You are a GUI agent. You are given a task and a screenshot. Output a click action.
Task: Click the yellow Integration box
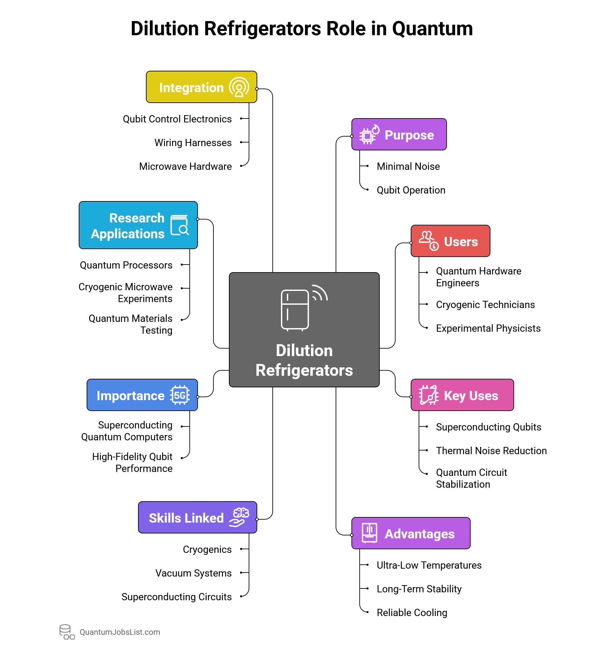pos(201,87)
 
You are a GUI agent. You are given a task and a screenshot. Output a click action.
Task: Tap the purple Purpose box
pos(399,135)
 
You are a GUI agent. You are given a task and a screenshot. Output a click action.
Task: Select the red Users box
pos(450,241)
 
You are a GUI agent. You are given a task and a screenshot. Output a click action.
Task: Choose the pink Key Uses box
pos(462,395)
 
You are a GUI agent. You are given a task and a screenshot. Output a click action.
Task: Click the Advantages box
pos(411,533)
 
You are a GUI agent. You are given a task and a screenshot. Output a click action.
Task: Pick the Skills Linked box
pos(197,518)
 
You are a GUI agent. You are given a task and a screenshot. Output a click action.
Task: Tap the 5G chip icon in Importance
pos(180,395)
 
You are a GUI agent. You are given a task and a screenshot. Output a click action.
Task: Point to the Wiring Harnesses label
pos(193,143)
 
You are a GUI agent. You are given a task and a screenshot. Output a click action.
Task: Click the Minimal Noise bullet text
pos(408,167)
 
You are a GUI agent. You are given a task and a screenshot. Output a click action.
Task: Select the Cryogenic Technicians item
pos(485,305)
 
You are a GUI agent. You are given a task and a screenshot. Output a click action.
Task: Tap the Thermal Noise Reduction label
pos(491,451)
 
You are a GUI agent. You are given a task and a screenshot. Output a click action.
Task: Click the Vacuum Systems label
pos(193,573)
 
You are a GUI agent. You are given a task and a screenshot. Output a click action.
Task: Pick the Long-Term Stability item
pos(419,589)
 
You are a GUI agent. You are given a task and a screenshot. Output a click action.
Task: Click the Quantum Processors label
pos(126,265)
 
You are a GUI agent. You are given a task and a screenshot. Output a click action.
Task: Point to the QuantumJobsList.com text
pos(120,632)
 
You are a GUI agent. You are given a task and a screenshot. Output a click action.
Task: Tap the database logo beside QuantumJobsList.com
pos(67,632)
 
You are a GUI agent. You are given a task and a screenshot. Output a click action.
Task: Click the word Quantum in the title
pos(432,29)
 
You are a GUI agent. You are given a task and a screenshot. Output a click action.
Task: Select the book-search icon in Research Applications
pos(180,225)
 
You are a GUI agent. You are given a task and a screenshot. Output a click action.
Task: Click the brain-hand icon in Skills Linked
pos(239,517)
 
